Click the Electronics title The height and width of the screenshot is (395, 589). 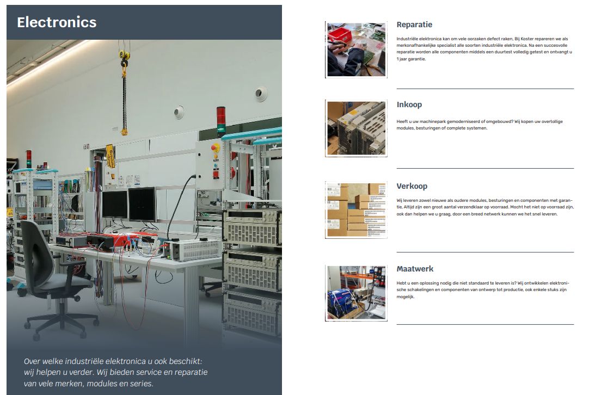pyautogui.click(x=57, y=22)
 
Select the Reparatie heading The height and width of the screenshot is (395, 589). pyautogui.click(x=414, y=25)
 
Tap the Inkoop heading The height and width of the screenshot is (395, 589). pyautogui.click(x=409, y=104)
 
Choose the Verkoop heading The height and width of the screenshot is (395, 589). pyautogui.click(x=412, y=186)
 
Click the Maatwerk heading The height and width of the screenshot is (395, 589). pyautogui.click(x=415, y=269)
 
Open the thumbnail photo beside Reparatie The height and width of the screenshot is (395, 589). pyautogui.click(x=356, y=50)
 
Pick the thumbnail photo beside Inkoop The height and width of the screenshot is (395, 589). pyautogui.click(x=356, y=128)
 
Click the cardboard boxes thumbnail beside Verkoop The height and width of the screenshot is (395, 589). pyautogui.click(x=356, y=210)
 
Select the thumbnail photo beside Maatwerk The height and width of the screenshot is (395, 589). pyautogui.click(x=356, y=293)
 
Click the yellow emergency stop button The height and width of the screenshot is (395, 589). pyautogui.click(x=215, y=147)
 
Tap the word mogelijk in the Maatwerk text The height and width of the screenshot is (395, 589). pyautogui.click(x=406, y=297)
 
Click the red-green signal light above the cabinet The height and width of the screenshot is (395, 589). pyautogui.click(x=221, y=121)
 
